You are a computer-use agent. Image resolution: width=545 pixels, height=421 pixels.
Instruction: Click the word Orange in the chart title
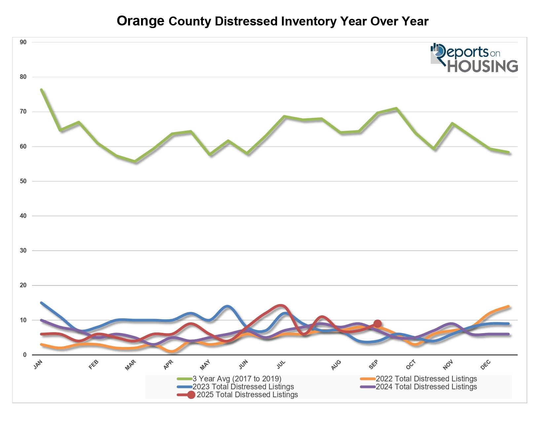(x=140, y=21)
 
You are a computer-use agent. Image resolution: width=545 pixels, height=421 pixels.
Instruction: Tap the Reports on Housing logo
(x=474, y=58)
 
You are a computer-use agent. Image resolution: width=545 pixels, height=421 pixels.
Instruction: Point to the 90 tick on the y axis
(x=23, y=42)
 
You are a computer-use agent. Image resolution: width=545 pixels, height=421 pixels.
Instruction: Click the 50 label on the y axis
(x=23, y=181)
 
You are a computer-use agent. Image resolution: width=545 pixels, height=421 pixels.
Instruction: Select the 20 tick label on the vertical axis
(x=23, y=285)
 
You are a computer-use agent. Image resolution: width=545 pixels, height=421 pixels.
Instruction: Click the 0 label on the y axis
(x=25, y=355)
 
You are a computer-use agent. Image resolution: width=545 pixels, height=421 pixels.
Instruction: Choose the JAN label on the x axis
(x=38, y=365)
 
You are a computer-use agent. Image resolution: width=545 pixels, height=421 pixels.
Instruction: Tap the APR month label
(x=168, y=365)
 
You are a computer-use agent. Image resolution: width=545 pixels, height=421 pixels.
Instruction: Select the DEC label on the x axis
(x=486, y=365)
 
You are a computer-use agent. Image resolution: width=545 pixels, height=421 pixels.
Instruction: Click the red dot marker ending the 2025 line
(x=378, y=324)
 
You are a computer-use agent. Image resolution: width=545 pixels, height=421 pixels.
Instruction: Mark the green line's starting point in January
(x=41, y=89)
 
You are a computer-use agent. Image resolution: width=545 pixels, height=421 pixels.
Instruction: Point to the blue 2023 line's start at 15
(x=41, y=303)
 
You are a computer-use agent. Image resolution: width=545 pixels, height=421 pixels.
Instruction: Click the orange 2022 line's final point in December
(x=508, y=306)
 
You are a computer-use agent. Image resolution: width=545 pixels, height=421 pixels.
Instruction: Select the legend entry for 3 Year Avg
(x=237, y=379)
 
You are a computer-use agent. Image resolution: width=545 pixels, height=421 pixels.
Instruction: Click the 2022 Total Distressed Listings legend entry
(x=426, y=379)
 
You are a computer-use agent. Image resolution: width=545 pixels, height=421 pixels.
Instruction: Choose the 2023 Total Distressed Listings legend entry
(x=243, y=387)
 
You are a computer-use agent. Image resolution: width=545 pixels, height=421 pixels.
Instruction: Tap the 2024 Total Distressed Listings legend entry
(x=426, y=387)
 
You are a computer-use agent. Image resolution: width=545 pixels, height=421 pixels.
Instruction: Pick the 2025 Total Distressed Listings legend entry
(x=247, y=395)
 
